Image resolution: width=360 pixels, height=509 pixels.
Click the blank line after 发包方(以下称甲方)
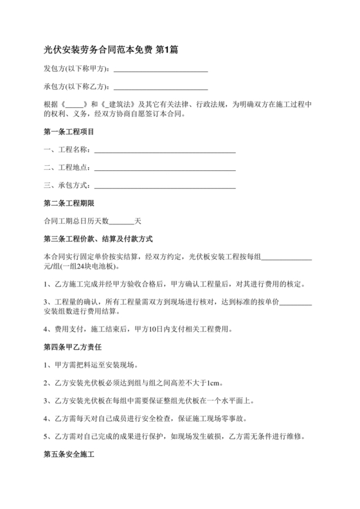pyautogui.click(x=160, y=69)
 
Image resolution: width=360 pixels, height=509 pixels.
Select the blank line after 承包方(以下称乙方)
pyautogui.click(x=160, y=87)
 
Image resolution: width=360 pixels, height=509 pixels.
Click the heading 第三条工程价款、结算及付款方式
pyautogui.click(x=97, y=239)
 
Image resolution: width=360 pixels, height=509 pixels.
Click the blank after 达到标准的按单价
pyautogui.click(x=297, y=302)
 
